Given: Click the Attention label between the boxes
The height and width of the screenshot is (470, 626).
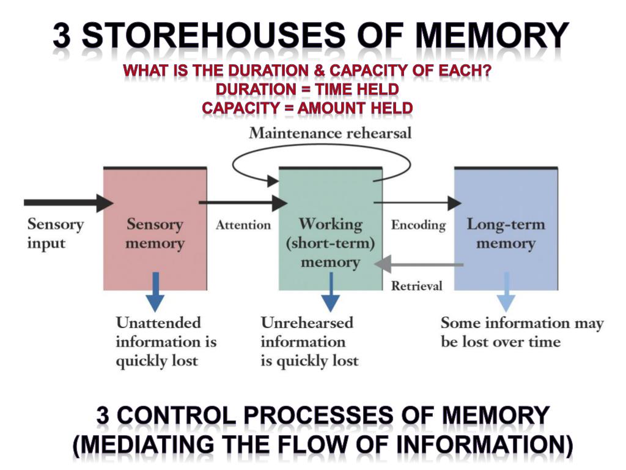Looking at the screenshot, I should (243, 225).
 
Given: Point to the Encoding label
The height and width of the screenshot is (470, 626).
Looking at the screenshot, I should (418, 225).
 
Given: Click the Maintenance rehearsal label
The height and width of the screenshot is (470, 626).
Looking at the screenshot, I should (330, 133).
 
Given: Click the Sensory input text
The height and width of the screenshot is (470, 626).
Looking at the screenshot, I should (55, 233).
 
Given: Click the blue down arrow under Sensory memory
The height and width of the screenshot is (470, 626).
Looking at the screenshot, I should (155, 293).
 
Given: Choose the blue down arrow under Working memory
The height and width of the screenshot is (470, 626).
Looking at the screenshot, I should (331, 293).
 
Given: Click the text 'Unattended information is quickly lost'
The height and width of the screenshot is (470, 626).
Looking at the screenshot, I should (166, 341).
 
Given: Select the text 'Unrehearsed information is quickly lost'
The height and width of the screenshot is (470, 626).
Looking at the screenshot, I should (309, 341).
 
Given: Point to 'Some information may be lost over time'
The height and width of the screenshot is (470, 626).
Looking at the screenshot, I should (521, 332).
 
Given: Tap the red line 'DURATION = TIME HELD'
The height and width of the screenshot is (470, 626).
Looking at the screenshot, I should (307, 89).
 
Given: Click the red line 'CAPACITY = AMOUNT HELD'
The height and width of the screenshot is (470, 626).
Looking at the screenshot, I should (307, 108).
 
